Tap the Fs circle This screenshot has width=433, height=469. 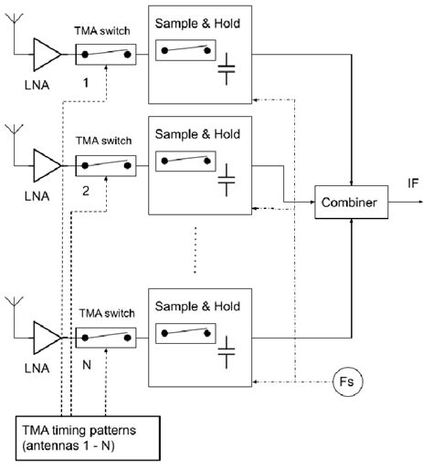click(347, 377)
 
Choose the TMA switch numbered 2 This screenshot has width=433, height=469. click(106, 167)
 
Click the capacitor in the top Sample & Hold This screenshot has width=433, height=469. click(226, 72)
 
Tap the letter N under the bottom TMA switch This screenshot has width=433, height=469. click(87, 363)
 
